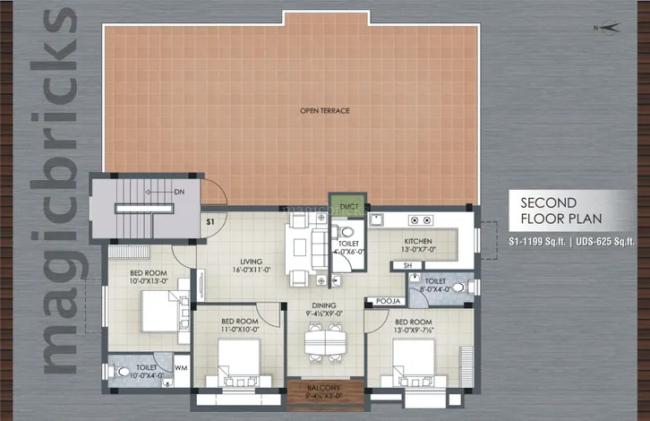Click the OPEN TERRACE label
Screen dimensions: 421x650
pos(324,111)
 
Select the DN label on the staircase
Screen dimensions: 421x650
pos(178,192)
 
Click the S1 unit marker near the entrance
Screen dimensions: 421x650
pos(210,220)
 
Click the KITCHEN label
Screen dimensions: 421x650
pos(418,242)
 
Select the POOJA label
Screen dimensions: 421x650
pos(387,301)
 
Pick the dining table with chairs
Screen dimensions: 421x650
pos(324,339)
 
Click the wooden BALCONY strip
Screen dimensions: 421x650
pos(325,391)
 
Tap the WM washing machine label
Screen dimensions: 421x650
pos(180,367)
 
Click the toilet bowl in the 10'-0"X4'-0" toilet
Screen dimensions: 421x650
pos(121,371)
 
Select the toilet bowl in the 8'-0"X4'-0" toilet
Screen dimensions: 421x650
pos(457,288)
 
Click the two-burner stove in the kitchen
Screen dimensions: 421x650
pos(422,220)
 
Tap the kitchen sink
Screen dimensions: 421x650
pos(380,220)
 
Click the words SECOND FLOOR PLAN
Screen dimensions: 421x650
pos(556,210)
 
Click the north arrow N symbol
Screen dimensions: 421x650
pos(606,29)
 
